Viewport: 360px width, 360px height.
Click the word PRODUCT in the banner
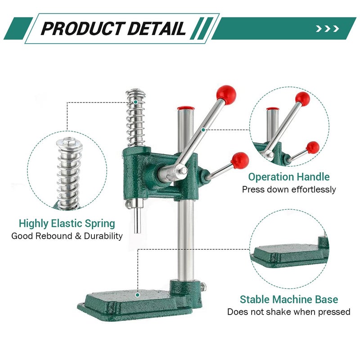[83, 28]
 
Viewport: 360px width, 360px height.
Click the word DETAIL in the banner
[157, 28]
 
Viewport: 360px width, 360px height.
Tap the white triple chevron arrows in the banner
[328, 29]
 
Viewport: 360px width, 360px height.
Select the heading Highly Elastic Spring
[67, 224]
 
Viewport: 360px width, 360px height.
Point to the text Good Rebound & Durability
[67, 236]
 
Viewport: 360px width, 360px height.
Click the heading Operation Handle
[289, 177]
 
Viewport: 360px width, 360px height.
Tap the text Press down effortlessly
[289, 189]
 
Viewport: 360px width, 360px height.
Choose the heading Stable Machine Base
[289, 300]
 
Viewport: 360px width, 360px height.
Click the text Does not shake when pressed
[289, 312]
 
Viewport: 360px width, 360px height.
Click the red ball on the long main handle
[226, 94]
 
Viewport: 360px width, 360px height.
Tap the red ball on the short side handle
[240, 160]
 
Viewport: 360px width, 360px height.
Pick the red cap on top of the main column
[186, 108]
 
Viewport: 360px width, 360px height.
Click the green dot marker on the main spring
[136, 102]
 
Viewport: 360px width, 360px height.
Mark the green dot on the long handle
[203, 130]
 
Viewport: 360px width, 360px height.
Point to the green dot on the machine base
[137, 295]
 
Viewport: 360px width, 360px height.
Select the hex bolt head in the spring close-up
[69, 142]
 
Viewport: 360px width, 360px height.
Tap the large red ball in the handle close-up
[302, 99]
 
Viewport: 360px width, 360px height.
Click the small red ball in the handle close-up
[313, 148]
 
